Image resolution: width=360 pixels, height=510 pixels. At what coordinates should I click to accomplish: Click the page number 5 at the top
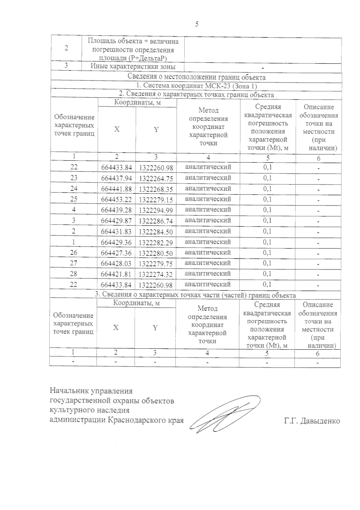point(197,24)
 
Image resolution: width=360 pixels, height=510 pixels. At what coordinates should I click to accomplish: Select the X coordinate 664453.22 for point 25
point(116,200)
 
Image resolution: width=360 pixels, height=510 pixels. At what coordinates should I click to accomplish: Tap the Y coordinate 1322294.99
point(156,210)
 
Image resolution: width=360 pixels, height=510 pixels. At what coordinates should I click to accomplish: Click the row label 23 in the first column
point(74,178)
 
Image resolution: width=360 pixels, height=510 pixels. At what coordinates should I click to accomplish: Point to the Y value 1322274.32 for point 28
point(156,274)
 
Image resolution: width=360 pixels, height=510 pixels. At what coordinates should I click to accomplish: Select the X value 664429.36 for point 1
point(116,243)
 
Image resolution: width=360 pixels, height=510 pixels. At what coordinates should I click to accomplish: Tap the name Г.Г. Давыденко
point(312,421)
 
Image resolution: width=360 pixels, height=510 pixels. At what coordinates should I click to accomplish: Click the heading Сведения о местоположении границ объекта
point(196,77)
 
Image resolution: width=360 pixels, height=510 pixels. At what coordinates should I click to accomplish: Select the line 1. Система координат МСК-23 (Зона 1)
point(196,86)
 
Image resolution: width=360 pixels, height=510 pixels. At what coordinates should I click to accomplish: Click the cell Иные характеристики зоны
point(133,67)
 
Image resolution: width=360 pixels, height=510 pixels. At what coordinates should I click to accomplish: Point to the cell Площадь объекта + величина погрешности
point(133,50)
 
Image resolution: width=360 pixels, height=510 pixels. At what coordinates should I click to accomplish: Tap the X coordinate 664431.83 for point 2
point(116,232)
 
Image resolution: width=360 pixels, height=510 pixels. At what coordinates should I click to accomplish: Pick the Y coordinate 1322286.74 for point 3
point(156,221)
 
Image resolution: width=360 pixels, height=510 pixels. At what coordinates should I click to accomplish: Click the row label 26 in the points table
point(74,253)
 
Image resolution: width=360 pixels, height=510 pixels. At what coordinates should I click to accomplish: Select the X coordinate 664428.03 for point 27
point(116,264)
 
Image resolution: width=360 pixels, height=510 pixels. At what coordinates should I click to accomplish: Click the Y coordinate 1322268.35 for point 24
point(156,189)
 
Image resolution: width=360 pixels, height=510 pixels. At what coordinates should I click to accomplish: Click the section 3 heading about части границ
point(195,295)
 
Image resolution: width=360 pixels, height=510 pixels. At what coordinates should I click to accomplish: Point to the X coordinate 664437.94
point(116,179)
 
